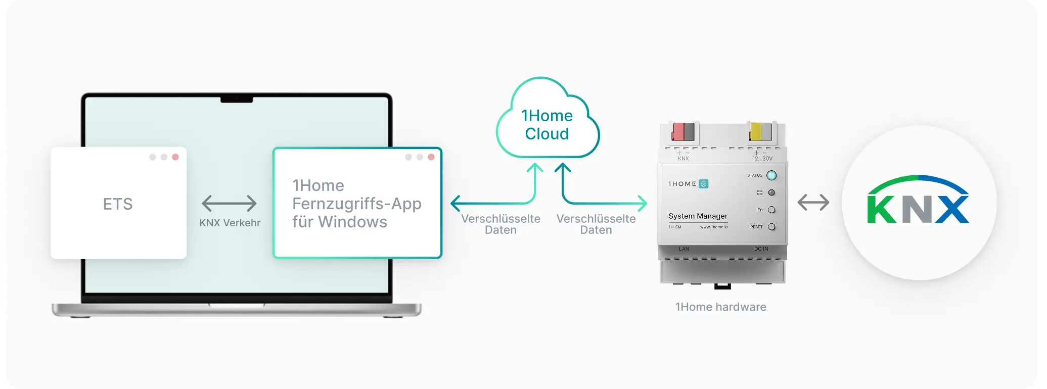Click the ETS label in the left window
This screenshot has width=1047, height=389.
click(118, 204)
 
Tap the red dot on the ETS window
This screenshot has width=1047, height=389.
click(175, 157)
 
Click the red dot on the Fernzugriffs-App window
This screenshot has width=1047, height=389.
click(431, 157)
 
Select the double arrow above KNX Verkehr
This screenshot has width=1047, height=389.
click(229, 203)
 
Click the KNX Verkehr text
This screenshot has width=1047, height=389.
click(230, 223)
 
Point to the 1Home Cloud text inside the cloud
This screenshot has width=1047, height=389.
click(547, 125)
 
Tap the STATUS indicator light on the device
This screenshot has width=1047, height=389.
click(771, 176)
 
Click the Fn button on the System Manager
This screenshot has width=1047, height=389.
click(771, 210)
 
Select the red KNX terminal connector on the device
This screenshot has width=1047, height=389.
click(678, 132)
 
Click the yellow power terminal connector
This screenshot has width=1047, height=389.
click(756, 132)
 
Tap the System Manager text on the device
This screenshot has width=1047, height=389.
click(698, 216)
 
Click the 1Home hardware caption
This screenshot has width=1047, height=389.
click(720, 307)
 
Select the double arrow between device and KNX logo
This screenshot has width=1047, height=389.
click(813, 203)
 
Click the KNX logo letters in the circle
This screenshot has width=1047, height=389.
click(918, 209)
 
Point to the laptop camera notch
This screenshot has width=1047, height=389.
click(237, 100)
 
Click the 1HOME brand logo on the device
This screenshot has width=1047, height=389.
click(688, 184)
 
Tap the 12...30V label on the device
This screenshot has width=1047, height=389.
click(762, 159)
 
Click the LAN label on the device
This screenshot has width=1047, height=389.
click(684, 249)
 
